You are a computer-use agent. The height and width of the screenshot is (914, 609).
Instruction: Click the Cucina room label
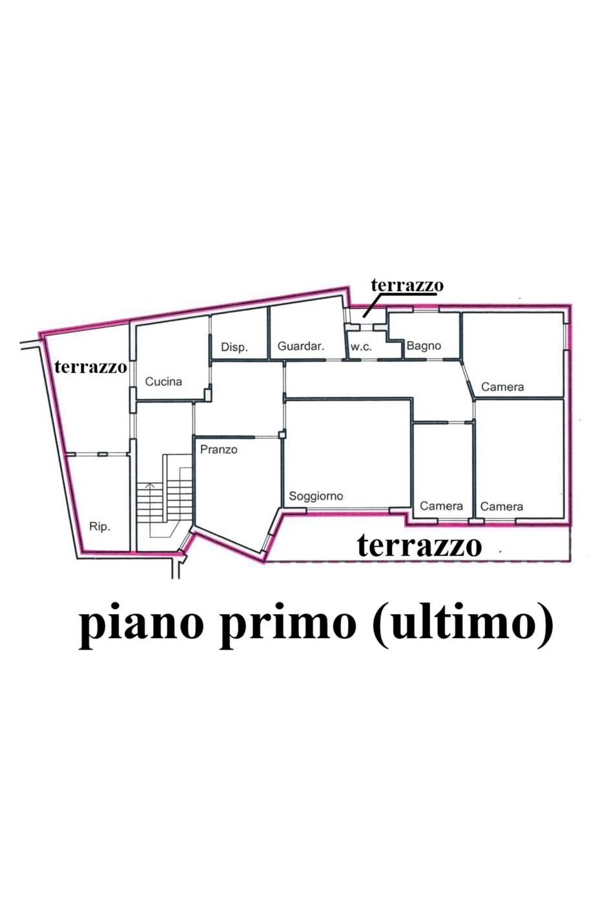coord(163,381)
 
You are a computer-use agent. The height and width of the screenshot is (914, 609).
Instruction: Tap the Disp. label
coord(234,347)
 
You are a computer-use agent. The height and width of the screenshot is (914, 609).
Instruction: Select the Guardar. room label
coord(300,346)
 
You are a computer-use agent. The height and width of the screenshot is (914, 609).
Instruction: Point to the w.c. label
coord(361,347)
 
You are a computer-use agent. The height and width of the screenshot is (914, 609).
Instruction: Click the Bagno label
coord(424,346)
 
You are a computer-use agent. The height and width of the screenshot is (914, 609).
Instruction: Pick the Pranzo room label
coord(218,449)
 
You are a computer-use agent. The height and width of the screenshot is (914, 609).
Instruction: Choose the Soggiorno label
coord(316,496)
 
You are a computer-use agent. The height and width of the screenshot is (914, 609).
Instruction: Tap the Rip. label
coord(99,527)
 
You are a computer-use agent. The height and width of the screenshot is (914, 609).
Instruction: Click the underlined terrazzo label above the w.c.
coord(407,285)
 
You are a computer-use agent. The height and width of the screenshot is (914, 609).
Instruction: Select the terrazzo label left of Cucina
coord(90,367)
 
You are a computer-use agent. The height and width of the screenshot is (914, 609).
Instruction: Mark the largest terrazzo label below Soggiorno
coord(420,546)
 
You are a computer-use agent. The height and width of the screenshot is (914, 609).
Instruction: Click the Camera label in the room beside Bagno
coord(502,387)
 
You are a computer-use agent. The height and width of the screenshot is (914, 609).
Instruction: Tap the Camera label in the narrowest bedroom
coord(441,506)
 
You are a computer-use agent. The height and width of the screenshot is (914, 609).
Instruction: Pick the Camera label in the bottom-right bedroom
coord(502,507)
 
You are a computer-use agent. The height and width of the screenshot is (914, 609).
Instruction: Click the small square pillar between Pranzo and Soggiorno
coord(282,435)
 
